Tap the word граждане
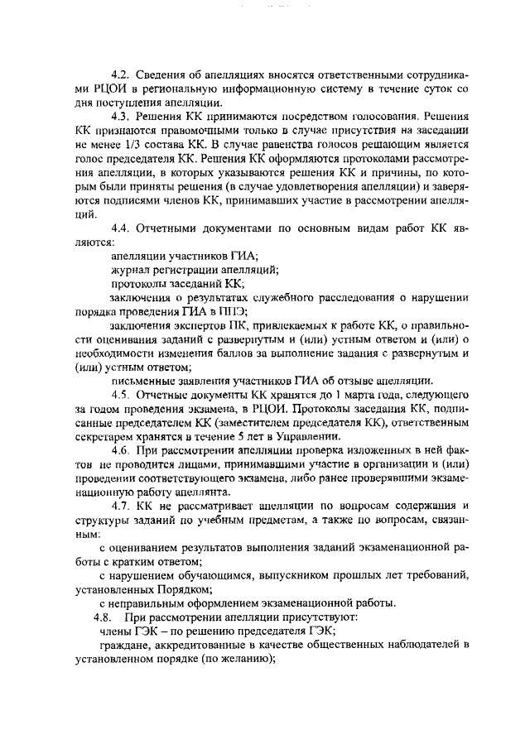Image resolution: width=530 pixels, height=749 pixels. tap(124, 646)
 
